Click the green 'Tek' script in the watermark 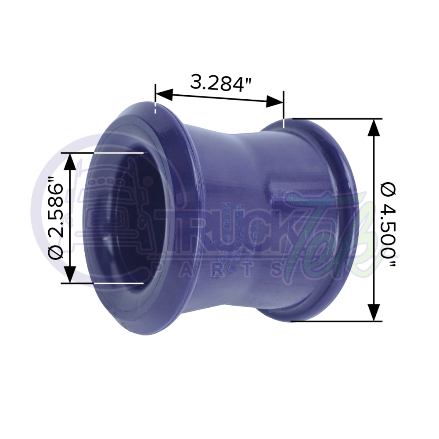323,237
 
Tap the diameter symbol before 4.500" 389,189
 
